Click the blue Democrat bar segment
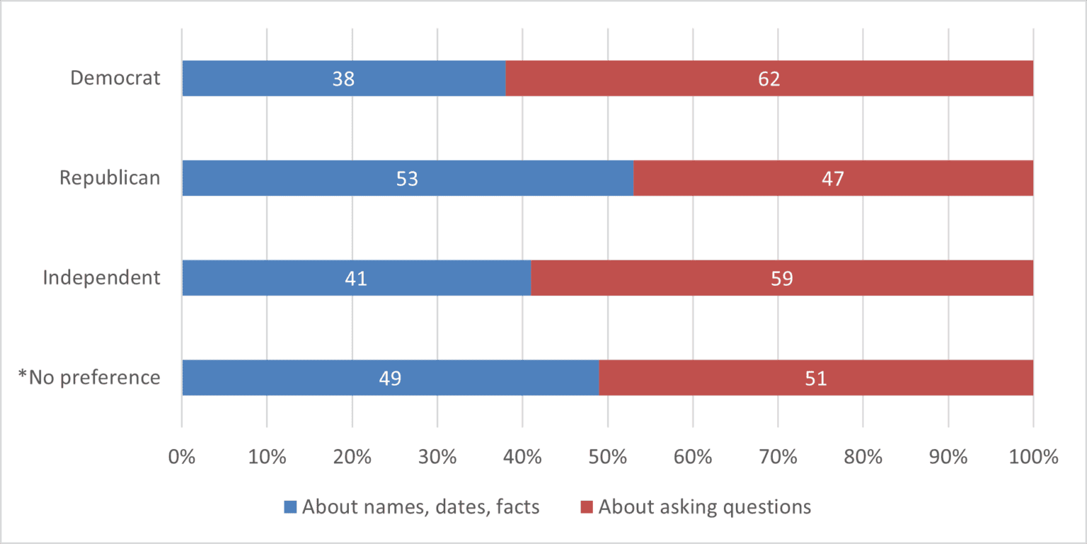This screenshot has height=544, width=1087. [344, 79]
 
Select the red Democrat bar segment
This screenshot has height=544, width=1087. [769, 79]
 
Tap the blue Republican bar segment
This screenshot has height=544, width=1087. [408, 178]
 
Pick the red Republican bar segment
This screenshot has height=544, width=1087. [833, 178]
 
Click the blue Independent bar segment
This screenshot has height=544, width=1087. [356, 278]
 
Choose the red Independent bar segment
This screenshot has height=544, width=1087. [782, 278]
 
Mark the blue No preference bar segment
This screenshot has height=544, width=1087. [390, 378]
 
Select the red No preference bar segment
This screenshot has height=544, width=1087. [816, 378]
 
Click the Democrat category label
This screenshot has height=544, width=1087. [115, 78]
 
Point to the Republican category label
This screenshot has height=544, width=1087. [110, 178]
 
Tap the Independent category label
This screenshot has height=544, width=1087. [102, 277]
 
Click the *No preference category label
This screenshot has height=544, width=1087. [90, 377]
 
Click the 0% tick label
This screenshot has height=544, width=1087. [182, 457]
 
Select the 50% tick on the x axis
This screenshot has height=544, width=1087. [608, 457]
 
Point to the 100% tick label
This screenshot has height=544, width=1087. [1033, 457]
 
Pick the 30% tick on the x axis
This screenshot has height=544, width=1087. [437, 457]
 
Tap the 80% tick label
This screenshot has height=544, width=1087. [863, 457]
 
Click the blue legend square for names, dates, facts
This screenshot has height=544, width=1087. [290, 507]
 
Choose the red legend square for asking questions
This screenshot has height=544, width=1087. [587, 507]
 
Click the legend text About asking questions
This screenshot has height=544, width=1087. [704, 507]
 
